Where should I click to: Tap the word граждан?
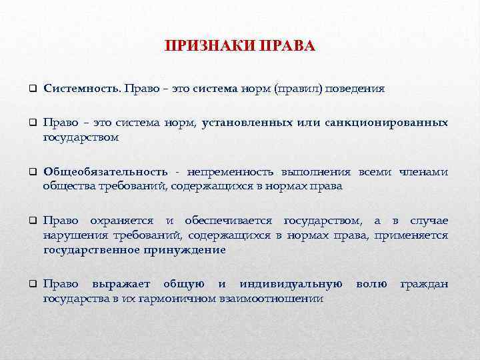coord(423,285)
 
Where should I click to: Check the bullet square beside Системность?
coord(31,89)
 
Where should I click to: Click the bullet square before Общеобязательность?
coord(31,173)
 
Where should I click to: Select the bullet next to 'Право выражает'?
coord(31,285)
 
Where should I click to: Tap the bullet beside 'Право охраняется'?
coord(31,221)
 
